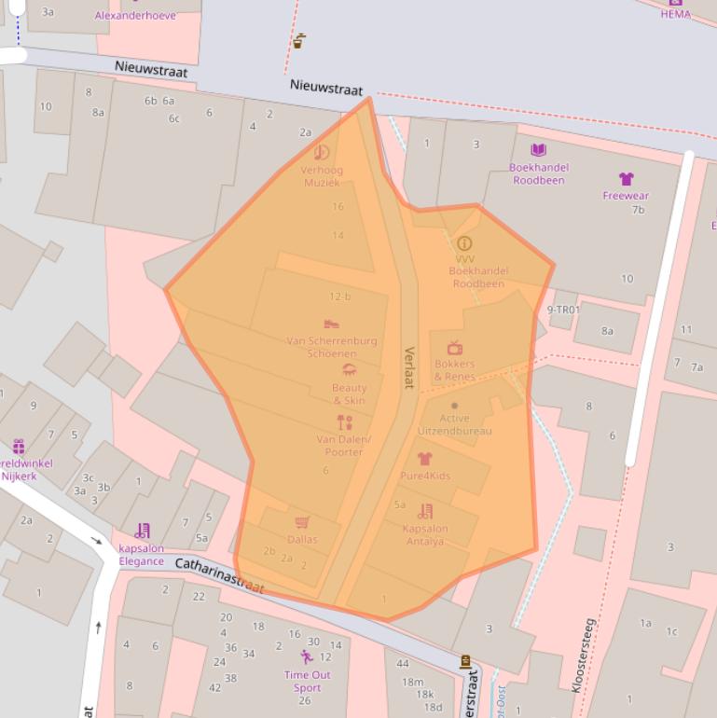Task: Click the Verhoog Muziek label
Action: (321, 176)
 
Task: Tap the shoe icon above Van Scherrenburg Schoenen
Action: (331, 324)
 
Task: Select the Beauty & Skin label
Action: (349, 394)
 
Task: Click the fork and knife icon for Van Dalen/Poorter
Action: (344, 422)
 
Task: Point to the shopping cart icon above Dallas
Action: (301, 523)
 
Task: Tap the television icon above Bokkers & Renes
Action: (455, 348)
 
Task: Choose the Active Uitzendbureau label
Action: (453, 425)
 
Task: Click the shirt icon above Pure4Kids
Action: (424, 459)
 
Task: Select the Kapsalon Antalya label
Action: (425, 535)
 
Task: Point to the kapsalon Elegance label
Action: (142, 555)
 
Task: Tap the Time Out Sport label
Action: (307, 681)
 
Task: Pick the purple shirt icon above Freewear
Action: (626, 179)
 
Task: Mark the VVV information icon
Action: (464, 243)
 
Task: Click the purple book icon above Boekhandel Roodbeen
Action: (538, 149)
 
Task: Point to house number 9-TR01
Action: (563, 310)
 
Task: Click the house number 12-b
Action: (339, 297)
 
